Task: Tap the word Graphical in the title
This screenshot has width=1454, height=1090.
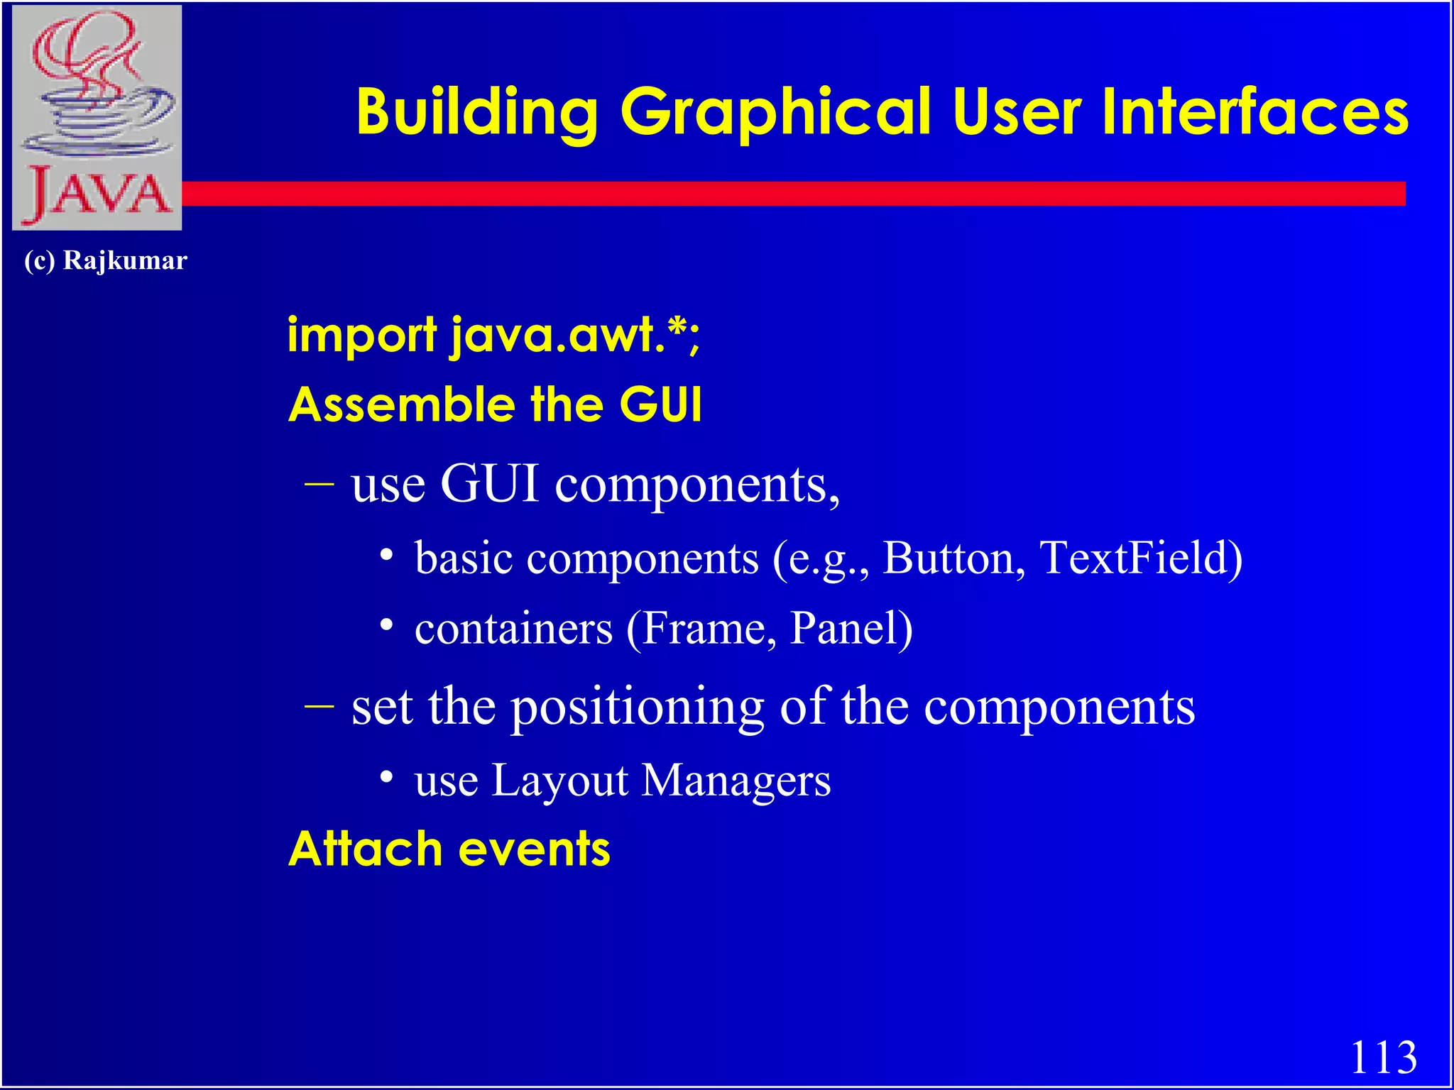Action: pos(775,112)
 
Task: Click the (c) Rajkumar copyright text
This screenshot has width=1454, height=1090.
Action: pos(105,260)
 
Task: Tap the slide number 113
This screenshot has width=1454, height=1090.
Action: pos(1382,1057)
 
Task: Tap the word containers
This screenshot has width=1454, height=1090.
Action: pos(513,629)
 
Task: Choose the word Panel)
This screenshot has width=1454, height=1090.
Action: pos(851,629)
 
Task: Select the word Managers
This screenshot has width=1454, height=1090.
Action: pos(736,781)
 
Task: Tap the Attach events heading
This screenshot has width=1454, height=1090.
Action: pos(449,849)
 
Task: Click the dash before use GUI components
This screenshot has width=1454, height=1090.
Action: pos(319,484)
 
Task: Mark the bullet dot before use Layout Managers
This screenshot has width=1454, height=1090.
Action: pos(386,777)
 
